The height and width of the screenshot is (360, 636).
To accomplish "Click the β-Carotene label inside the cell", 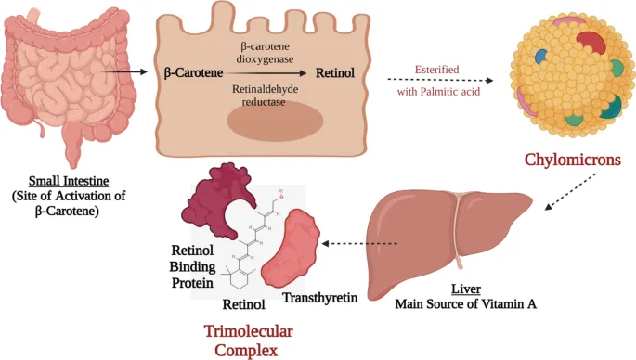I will (194, 71).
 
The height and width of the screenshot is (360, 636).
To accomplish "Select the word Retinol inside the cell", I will (338, 71).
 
